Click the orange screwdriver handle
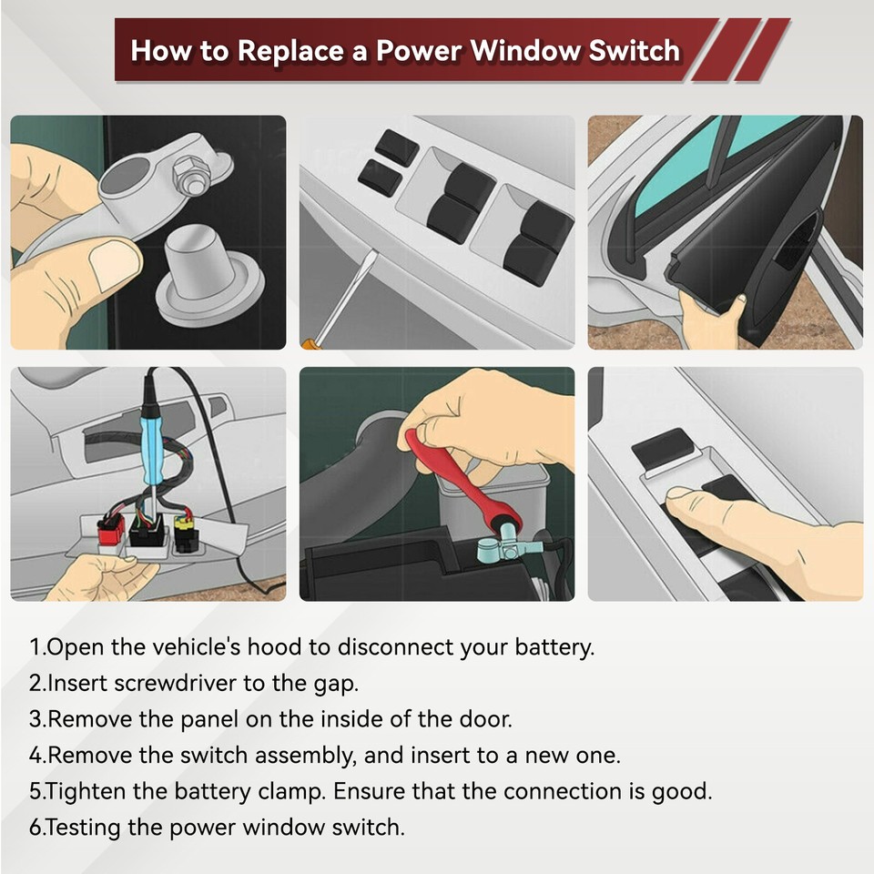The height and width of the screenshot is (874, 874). tap(307, 343)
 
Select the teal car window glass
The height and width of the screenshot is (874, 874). tap(678, 173)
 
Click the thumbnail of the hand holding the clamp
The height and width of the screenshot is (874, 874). tap(147, 232)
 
